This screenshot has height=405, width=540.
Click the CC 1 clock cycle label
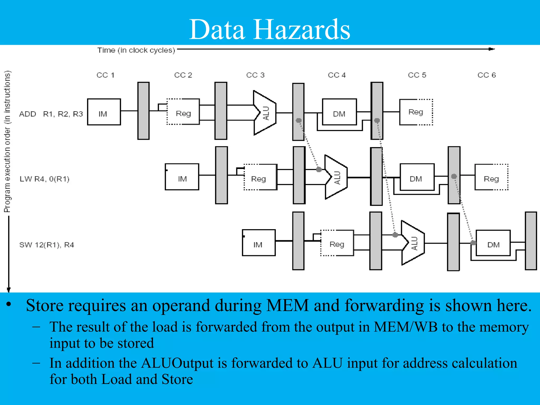coord(105,75)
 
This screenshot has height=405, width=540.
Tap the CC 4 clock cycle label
coord(337,75)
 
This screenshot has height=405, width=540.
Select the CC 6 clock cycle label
coord(486,75)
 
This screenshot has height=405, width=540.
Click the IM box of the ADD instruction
coord(104,112)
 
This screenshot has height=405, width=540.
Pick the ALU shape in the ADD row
coord(265,113)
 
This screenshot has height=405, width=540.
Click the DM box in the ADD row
coord(339,112)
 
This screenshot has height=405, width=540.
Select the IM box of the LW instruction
coord(182,177)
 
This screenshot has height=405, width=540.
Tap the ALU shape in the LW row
coord(336,177)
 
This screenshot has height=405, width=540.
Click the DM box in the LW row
coord(417,177)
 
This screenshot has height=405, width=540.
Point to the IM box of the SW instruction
coord(259,243)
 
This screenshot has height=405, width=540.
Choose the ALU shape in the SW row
coord(413,243)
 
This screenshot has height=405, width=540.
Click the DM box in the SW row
coord(493,243)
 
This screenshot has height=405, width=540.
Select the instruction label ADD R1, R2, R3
coord(51,114)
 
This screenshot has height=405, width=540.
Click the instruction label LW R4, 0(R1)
coord(44,179)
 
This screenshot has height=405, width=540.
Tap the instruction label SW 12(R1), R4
coord(47,245)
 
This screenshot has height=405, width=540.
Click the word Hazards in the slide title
coord(302,30)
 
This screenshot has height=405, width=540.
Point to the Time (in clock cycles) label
coord(136,50)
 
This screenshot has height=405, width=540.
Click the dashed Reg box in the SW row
coord(337,243)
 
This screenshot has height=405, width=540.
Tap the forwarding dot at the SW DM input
coord(473,243)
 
